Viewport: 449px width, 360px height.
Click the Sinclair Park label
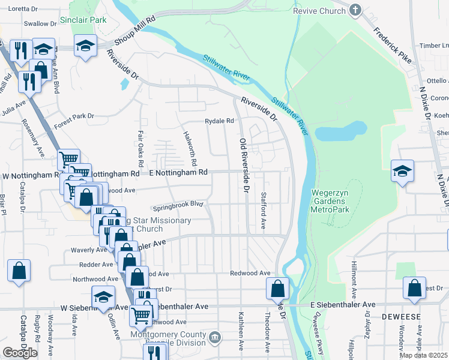pyautogui.click(x=83, y=20)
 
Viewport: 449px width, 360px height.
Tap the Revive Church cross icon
pyautogui.click(x=355, y=10)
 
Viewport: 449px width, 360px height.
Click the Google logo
pyautogui.click(x=20, y=352)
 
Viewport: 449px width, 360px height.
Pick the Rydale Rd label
pyautogui.click(x=219, y=121)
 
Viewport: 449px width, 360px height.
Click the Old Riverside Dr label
pyautogui.click(x=244, y=166)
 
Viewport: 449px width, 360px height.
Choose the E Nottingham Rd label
pyautogui.click(x=178, y=172)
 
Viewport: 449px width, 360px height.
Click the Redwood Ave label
pyautogui.click(x=250, y=273)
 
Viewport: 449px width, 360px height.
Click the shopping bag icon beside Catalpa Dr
pyautogui.click(x=19, y=270)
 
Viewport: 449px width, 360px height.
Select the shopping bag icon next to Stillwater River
pyautogui.click(x=277, y=289)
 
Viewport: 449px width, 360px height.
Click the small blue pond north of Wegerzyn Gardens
pyautogui.click(x=341, y=130)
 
